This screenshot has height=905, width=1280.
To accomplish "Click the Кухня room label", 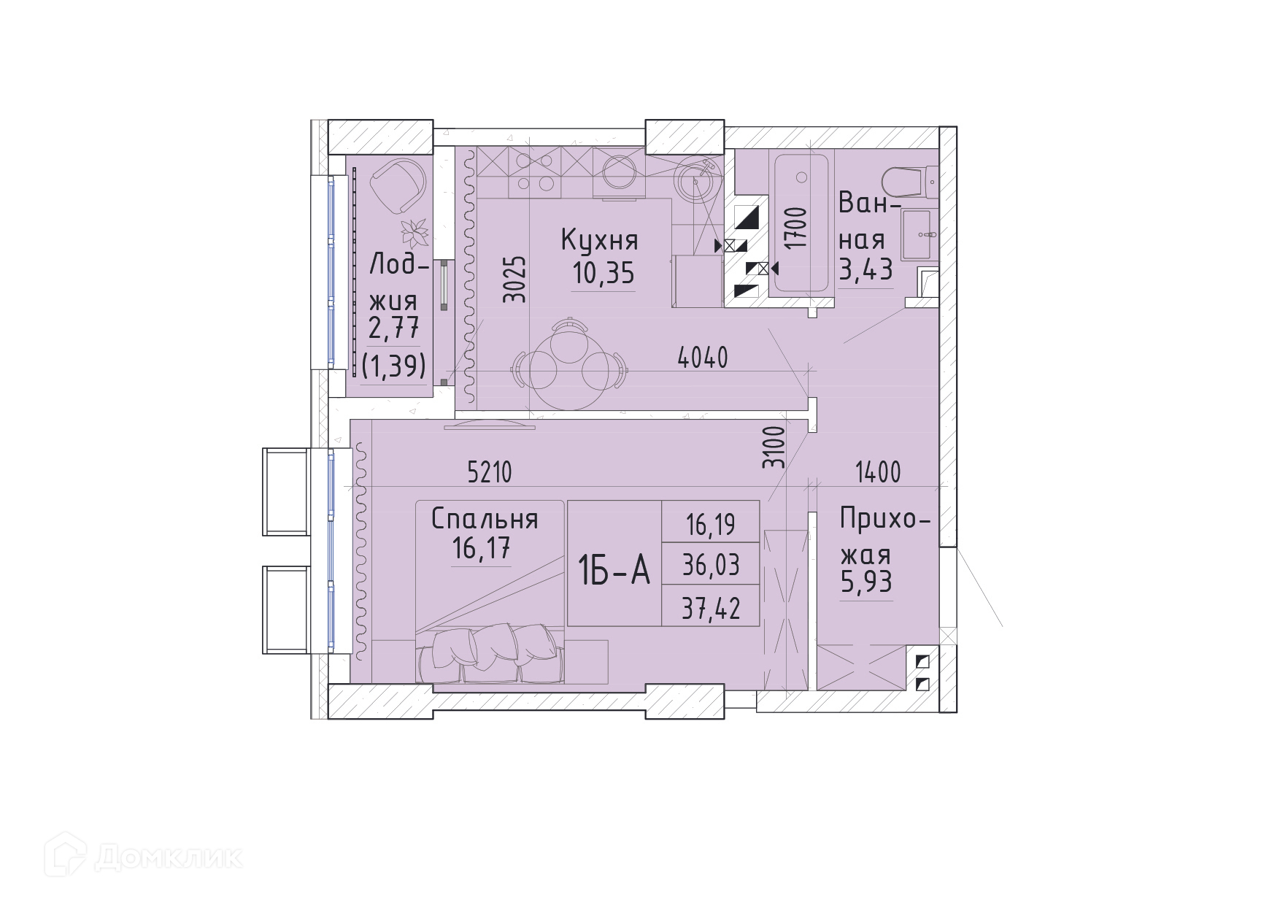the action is click(x=599, y=241).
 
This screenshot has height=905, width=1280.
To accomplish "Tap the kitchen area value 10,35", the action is click(x=603, y=274).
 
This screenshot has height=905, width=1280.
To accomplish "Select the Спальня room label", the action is click(x=485, y=519).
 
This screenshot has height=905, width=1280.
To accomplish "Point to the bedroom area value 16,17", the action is click(x=480, y=548).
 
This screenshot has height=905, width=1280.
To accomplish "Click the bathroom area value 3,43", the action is click(x=865, y=271).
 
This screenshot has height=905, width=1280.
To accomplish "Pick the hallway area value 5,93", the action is click(x=866, y=583).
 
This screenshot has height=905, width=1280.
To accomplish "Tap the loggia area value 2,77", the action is click(x=394, y=329).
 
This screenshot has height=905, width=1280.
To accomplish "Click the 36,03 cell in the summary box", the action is click(x=711, y=565).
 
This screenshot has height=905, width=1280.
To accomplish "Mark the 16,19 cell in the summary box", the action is click(x=711, y=523).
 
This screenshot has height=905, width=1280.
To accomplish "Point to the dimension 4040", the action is click(x=703, y=358).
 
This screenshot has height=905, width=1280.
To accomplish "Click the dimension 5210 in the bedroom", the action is click(x=490, y=473).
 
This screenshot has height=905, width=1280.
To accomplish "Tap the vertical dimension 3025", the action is click(x=515, y=278).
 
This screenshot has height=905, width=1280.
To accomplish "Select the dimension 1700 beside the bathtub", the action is click(x=798, y=228).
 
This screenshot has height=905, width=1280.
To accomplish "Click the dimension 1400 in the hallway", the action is click(x=878, y=473).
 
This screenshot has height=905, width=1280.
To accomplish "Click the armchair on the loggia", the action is click(x=398, y=186).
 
